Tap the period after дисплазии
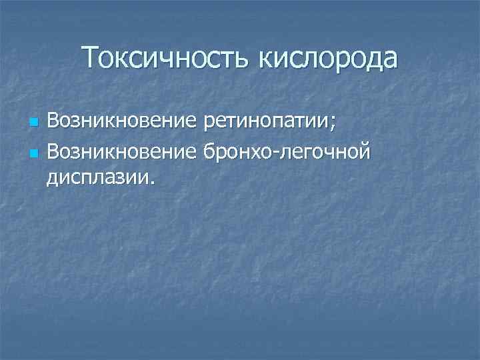(x=150, y=182)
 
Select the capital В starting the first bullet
(x=53, y=123)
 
